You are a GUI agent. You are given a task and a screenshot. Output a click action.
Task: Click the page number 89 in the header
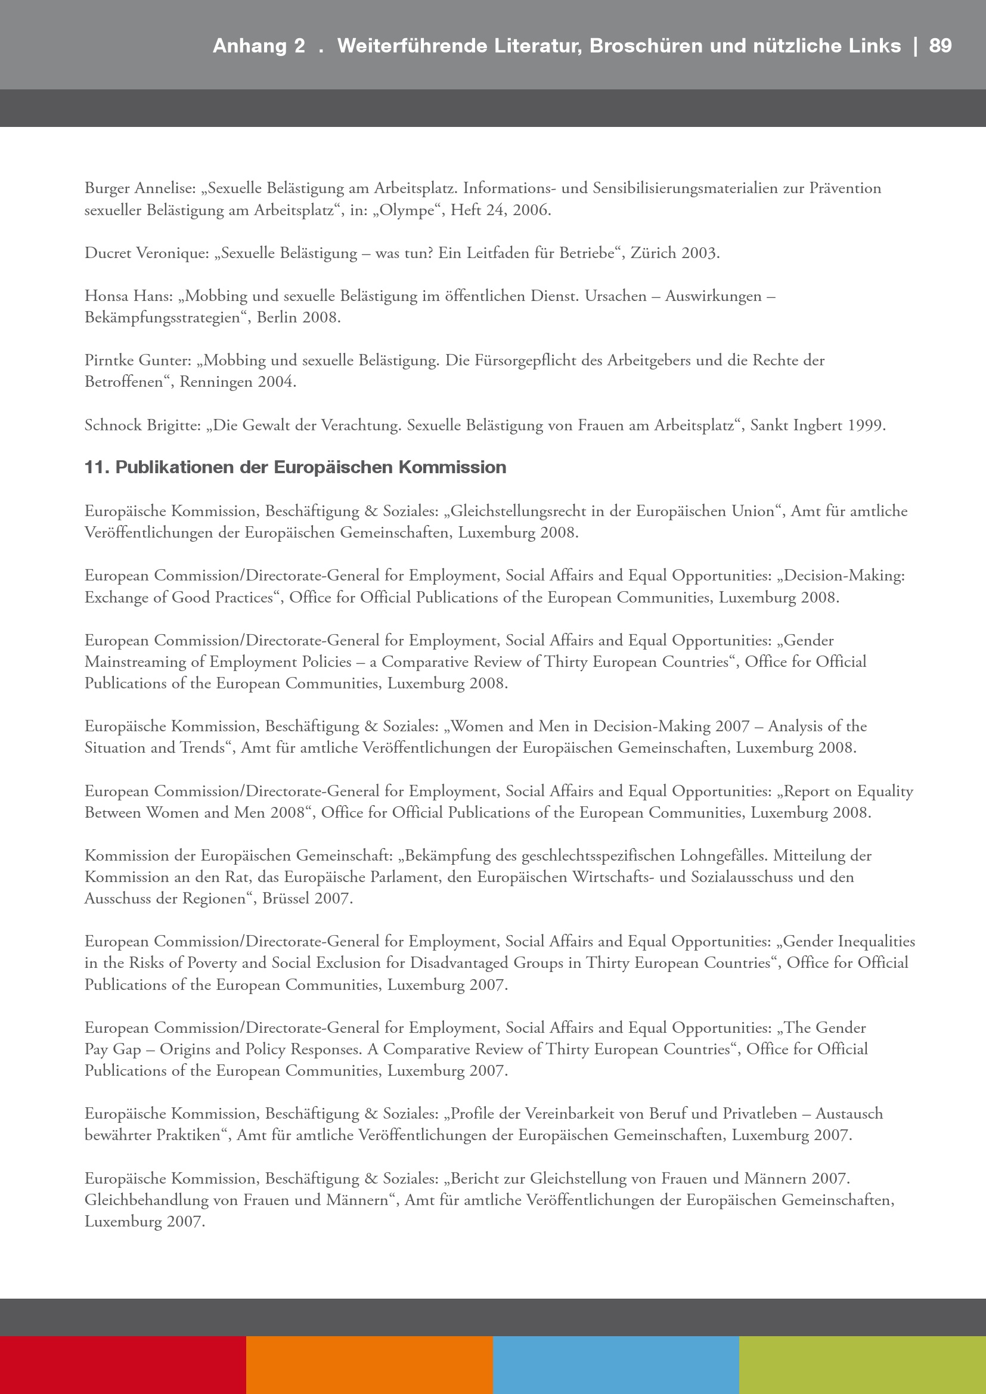pyautogui.click(x=940, y=46)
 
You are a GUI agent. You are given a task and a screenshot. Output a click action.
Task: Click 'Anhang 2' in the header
pyautogui.click(x=259, y=46)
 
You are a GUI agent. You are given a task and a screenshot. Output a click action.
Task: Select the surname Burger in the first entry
pyautogui.click(x=107, y=189)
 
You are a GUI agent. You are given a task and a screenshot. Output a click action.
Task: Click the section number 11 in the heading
pyautogui.click(x=96, y=467)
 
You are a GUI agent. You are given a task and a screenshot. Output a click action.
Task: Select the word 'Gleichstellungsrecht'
pyautogui.click(x=518, y=511)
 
